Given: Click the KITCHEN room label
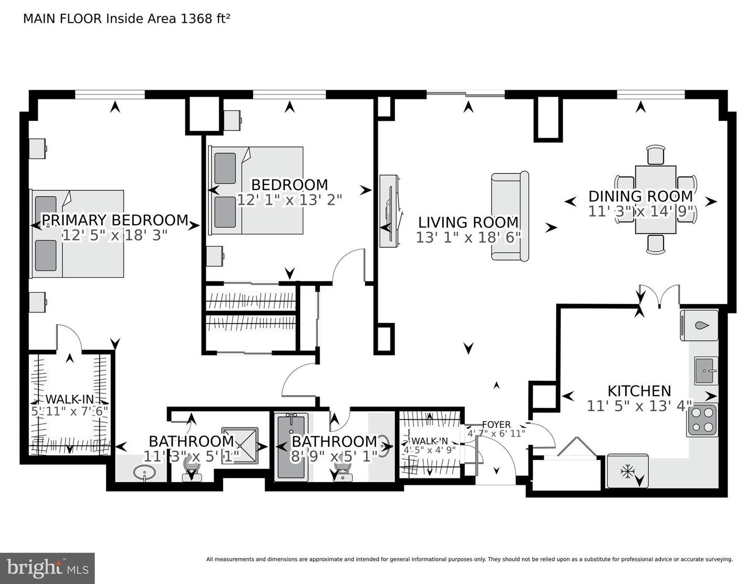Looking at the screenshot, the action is (x=639, y=391).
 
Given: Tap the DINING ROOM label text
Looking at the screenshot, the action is (x=640, y=196).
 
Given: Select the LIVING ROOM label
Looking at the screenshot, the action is (x=468, y=222).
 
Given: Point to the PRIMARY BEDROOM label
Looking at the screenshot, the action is (x=115, y=220).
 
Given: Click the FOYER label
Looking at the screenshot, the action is (x=497, y=424).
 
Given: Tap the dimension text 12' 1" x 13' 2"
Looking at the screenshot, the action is (x=289, y=200).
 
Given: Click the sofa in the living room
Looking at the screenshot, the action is (x=510, y=216).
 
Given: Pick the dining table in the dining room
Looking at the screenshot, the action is (x=655, y=200).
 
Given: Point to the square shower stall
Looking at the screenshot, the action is (x=240, y=445).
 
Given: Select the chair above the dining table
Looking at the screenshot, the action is (x=656, y=155).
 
